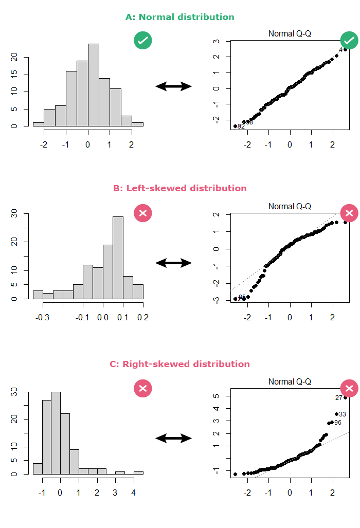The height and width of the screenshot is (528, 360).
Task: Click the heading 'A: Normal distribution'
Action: click(179, 17)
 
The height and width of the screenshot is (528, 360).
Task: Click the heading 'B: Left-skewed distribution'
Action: click(179, 188)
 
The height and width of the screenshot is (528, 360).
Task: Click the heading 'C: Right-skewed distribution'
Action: click(179, 364)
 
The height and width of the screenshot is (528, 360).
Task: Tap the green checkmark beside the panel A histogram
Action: click(143, 40)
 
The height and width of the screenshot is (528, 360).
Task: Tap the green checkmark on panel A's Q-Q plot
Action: click(349, 40)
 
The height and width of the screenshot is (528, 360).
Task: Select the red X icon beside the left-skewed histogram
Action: click(143, 213)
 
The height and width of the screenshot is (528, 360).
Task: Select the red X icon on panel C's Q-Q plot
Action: click(349, 388)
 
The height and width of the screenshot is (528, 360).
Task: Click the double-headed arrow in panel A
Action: click(174, 86)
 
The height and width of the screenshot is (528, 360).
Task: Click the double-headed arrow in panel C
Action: click(174, 438)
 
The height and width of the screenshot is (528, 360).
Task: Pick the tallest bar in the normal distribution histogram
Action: click(93, 85)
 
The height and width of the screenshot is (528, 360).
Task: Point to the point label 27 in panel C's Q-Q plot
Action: click(338, 398)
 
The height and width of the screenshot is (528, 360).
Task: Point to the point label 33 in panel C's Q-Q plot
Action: click(343, 414)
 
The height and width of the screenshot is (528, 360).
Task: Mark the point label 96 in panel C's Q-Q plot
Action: click(338, 423)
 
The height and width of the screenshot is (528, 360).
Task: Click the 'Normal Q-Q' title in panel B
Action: click(290, 206)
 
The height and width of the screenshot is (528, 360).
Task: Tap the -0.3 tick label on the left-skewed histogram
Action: click(42, 318)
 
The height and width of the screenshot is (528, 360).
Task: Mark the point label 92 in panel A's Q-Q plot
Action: click(241, 126)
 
